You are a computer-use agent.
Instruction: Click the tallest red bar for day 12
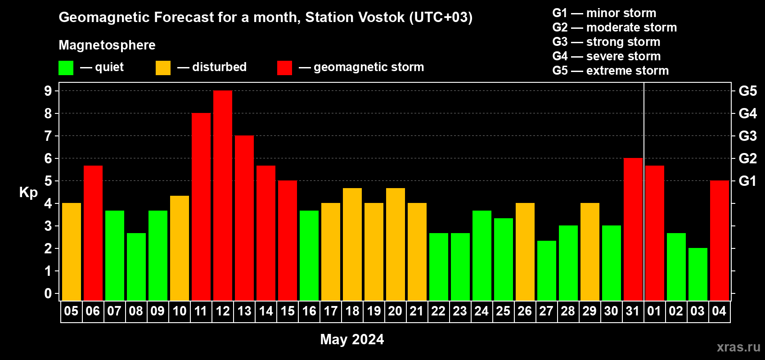(223, 195)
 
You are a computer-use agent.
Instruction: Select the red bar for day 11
(201, 207)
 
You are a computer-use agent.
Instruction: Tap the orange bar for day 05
(72, 252)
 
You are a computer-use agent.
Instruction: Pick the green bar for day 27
(546, 270)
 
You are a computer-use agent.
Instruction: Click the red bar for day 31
(633, 229)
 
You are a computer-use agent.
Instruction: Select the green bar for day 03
(697, 274)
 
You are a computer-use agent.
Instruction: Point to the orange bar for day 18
(352, 244)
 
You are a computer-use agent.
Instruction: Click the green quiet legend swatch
(66, 67)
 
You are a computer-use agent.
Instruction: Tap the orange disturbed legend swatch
(163, 67)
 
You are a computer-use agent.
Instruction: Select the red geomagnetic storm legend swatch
(285, 67)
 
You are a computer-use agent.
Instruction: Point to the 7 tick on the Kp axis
(48, 136)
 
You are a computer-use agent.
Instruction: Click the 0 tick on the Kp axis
(48, 293)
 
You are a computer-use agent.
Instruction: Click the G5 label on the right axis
(748, 91)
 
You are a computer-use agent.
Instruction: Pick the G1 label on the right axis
(748, 181)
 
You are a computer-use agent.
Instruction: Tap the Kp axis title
(28, 193)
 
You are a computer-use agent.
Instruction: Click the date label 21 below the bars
(417, 311)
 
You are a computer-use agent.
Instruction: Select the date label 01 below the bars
(654, 311)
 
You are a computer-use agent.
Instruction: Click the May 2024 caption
(352, 339)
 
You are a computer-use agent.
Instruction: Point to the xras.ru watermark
(738, 347)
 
